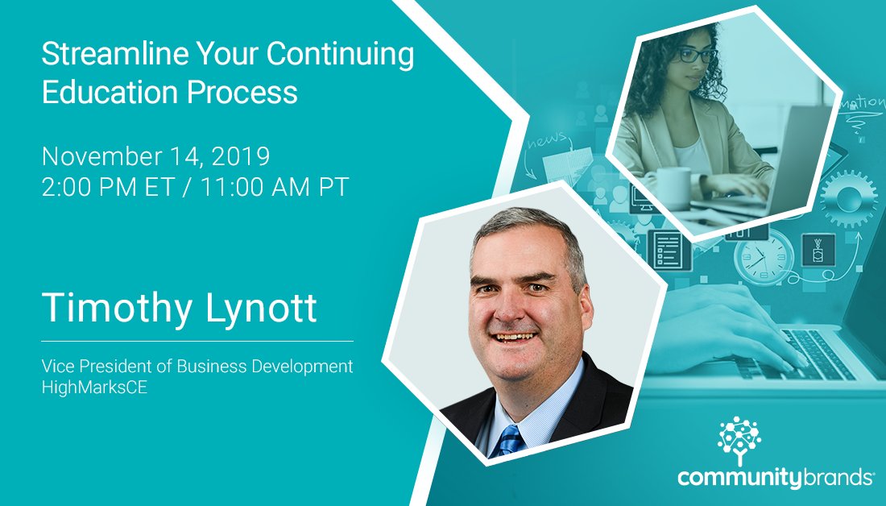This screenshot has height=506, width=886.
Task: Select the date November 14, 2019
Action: point(155,155)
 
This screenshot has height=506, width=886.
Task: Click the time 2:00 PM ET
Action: point(101,187)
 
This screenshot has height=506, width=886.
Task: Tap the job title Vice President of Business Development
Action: point(197,367)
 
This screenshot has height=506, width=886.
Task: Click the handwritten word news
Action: point(547,143)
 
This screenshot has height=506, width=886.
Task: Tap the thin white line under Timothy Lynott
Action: point(197,342)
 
